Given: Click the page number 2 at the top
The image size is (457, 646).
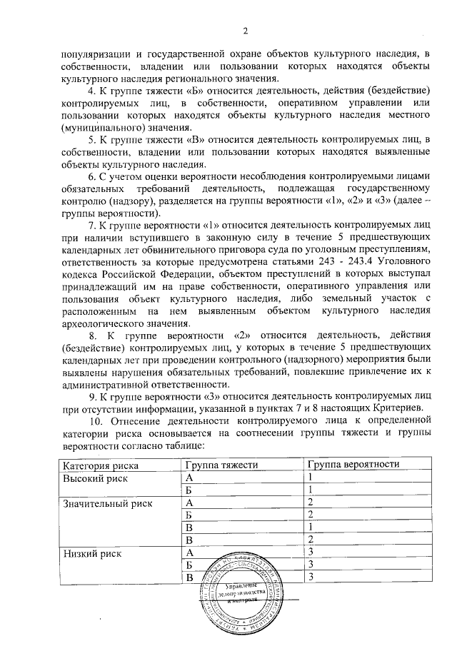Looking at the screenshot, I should pos(244,31).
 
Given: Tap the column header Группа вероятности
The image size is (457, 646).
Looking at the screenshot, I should pos(351,465).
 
